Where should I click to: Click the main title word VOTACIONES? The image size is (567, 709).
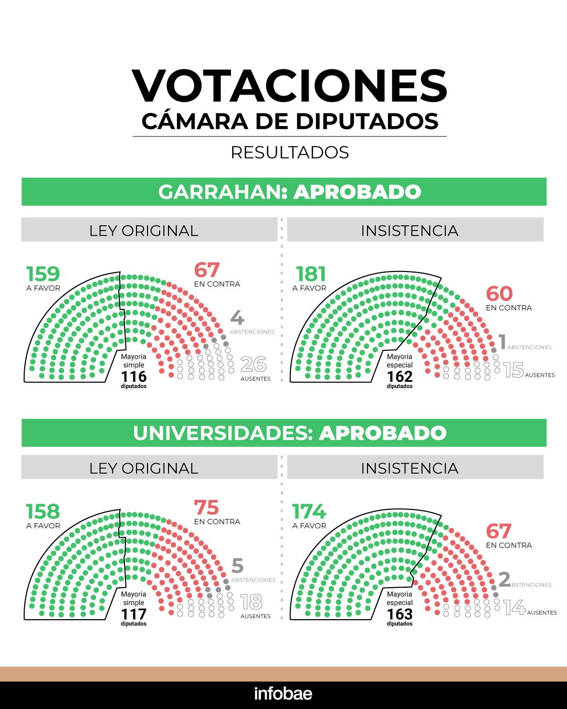[x=289, y=86]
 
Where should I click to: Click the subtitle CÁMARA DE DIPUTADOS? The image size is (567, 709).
[x=290, y=121]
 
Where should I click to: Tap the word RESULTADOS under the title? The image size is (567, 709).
[x=290, y=152]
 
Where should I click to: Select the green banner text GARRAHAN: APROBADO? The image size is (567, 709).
[x=289, y=192]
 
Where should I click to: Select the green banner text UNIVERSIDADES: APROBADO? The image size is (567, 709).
[x=289, y=433]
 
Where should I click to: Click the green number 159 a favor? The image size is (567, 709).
[x=43, y=274]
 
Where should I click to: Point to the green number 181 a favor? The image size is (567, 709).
[x=311, y=274]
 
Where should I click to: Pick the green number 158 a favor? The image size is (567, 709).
[x=43, y=511]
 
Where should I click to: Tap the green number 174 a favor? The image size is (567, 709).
[x=309, y=511]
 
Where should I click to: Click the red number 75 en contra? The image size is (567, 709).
[x=206, y=508]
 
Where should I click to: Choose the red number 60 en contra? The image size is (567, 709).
[x=499, y=294]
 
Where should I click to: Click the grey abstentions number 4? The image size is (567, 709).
[x=237, y=318]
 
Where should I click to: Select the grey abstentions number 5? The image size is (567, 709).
[x=237, y=566]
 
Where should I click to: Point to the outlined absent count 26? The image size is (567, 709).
[x=253, y=364]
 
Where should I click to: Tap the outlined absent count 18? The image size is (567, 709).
[x=251, y=602]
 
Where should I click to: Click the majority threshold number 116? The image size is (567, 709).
[x=134, y=377]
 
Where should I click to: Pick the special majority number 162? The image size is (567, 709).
[x=400, y=377]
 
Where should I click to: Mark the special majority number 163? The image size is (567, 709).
[x=400, y=614]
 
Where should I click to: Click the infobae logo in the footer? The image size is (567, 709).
[x=283, y=693]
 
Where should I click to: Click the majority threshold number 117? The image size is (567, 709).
[x=134, y=614]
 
